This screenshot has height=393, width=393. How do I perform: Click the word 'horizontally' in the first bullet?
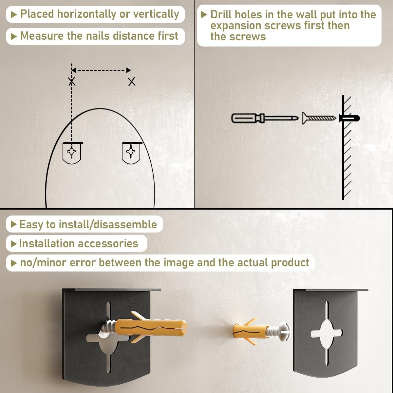pyautogui.click(x=87, y=14)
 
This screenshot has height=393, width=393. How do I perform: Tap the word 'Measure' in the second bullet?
pyautogui.click(x=42, y=36)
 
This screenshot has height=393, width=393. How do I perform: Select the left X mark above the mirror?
pyautogui.click(x=72, y=82)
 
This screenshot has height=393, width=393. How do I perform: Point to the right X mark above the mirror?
pyautogui.click(x=132, y=82)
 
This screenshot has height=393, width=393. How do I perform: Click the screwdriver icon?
pyautogui.click(x=265, y=118)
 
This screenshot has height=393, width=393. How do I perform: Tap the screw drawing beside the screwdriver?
pyautogui.click(x=319, y=118)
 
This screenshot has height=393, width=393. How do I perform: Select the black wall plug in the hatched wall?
pyautogui.click(x=349, y=118)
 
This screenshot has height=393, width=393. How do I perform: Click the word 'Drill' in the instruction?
pyautogui.click(x=222, y=15)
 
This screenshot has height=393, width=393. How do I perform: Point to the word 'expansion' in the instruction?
pyautogui.click(x=236, y=26)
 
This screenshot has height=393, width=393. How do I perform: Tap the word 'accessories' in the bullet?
pyautogui.click(x=108, y=244)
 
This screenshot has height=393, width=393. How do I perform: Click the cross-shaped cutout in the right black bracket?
pyautogui.click(x=327, y=333)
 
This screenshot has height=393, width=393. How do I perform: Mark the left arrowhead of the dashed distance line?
pyautogui.click(x=74, y=70)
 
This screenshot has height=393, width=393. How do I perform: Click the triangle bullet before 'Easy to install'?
pyautogui.click(x=13, y=224)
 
